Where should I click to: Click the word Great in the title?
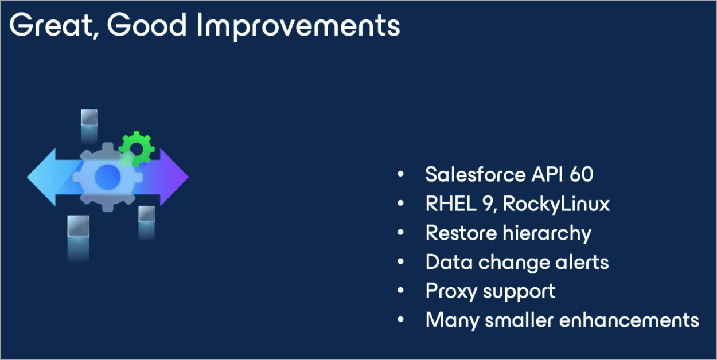(52, 25)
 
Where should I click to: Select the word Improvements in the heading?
(298, 26)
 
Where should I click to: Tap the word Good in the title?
(147, 25)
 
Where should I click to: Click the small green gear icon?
(137, 149)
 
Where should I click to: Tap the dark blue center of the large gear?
(108, 177)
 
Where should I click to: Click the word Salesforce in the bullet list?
(476, 174)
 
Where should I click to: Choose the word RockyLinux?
(556, 204)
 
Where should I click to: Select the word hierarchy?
(547, 233)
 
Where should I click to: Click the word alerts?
(582, 262)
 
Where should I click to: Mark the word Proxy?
(451, 292)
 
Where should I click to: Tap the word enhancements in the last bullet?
(629, 320)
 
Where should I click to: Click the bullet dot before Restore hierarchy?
(400, 232)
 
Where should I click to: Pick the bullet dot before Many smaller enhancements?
(400, 319)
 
